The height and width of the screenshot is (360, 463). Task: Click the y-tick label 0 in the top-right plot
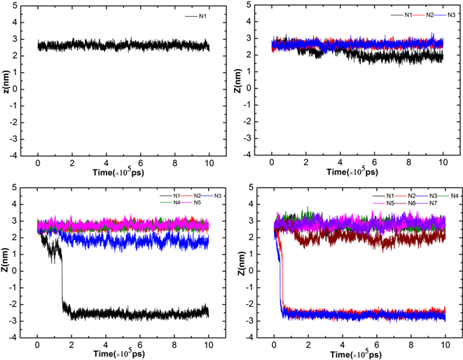260,85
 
